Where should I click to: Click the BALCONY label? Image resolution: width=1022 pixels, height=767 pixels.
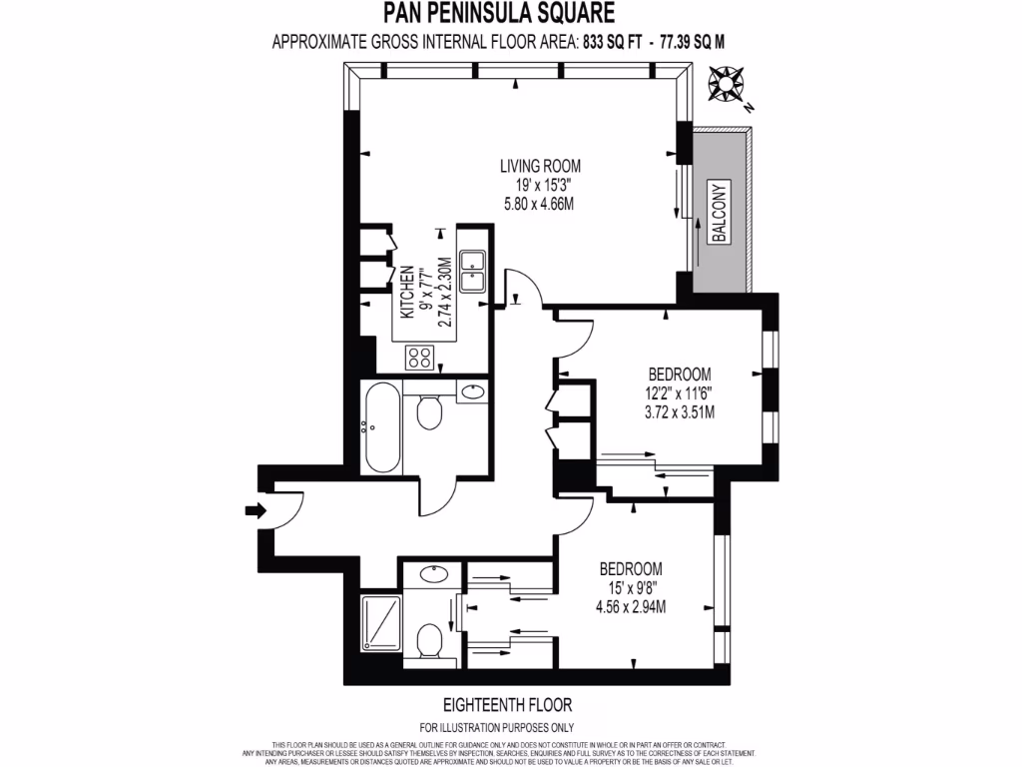pos(718,211)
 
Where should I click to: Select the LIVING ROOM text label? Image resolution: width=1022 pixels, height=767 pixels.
pos(540,166)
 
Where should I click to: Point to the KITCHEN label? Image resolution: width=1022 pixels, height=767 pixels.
pos(407,293)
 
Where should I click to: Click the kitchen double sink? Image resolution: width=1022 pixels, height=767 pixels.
pos(473,270)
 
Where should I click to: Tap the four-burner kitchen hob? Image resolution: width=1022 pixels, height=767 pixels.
pos(419,357)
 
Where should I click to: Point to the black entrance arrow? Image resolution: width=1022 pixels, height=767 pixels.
pos(255,511)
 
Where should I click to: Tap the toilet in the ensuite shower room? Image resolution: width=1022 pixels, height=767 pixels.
pos(431,640)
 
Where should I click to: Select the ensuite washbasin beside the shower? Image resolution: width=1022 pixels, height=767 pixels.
pos(433,575)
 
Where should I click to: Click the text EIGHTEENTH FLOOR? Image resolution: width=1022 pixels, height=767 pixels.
pos(510,704)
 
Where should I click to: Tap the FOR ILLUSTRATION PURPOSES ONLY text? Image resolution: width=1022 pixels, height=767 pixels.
pos(510,727)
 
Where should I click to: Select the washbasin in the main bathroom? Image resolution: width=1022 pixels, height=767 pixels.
pos(473,391)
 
